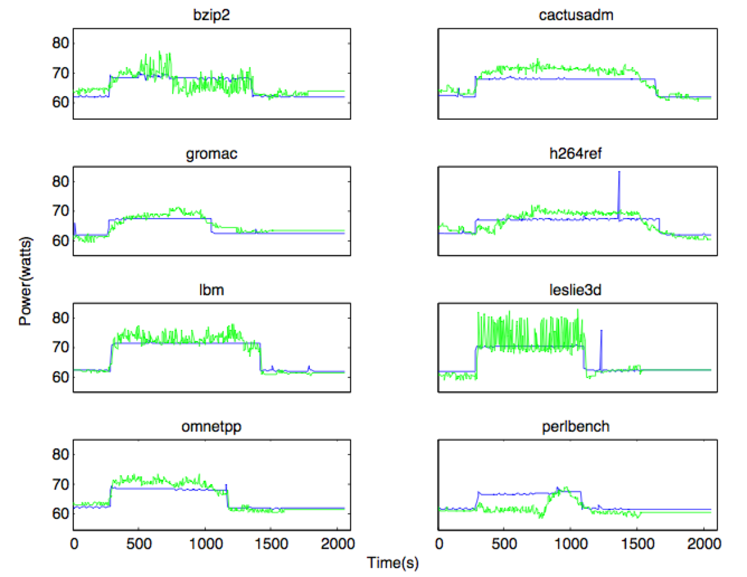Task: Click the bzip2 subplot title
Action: (x=211, y=15)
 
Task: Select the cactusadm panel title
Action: (x=576, y=15)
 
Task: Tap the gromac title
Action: (x=211, y=154)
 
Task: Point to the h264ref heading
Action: (x=575, y=153)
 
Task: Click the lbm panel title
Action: (x=211, y=290)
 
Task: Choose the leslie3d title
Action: (x=575, y=290)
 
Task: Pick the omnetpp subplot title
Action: (x=211, y=427)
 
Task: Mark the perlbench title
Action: (x=575, y=427)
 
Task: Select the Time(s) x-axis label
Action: (x=393, y=562)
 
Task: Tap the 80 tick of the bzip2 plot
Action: (x=60, y=43)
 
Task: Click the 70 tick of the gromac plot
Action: (x=60, y=211)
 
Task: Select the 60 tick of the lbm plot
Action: (x=60, y=377)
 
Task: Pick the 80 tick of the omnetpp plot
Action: (x=60, y=454)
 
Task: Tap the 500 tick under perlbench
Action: (x=504, y=543)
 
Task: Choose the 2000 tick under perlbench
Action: (x=702, y=543)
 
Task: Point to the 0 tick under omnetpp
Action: (x=74, y=543)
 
